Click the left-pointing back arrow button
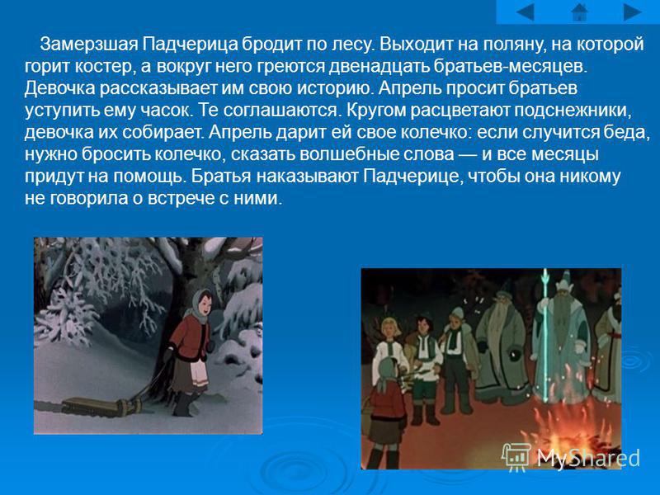525,12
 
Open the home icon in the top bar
580,12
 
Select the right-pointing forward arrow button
632,12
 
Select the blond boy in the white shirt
389,350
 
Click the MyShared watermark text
588,457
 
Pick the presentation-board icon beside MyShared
516,457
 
